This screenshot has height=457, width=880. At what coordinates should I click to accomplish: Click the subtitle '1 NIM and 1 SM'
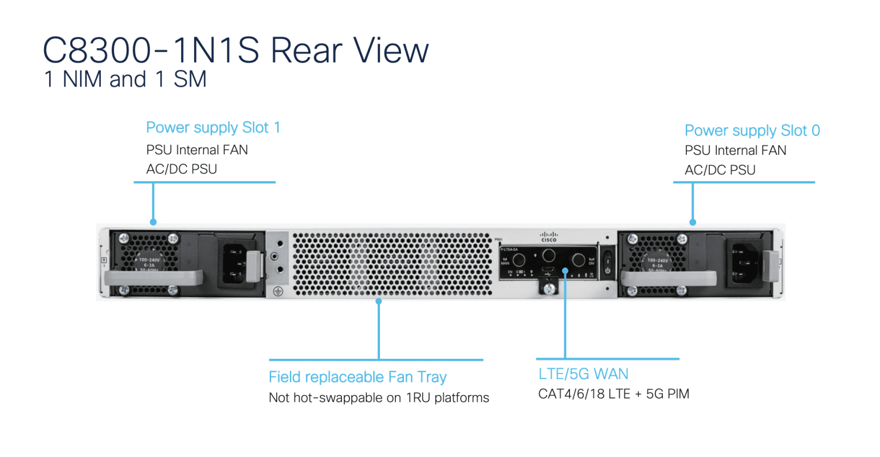click(x=125, y=80)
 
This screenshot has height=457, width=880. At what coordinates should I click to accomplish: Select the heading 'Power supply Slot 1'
click(x=213, y=127)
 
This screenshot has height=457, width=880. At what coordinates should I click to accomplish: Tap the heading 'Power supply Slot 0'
click(x=752, y=131)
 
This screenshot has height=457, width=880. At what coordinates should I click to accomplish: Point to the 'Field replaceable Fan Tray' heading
click(x=357, y=377)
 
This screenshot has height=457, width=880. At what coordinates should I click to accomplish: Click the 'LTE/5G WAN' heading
click(x=583, y=374)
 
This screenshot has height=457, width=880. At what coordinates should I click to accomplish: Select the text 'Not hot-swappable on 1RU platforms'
click(x=379, y=398)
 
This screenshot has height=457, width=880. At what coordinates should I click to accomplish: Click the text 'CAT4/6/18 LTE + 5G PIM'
click(x=614, y=394)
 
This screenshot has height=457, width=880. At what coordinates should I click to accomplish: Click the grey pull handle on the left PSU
click(x=152, y=278)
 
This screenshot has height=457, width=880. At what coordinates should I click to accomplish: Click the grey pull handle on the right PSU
click(x=668, y=279)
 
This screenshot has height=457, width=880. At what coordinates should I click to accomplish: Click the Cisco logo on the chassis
click(x=548, y=236)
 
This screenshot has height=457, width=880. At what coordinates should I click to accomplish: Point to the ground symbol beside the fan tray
click(x=278, y=291)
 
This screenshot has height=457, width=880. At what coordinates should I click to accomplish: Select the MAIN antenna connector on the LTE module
click(x=518, y=260)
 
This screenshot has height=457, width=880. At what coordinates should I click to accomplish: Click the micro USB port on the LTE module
click(x=548, y=269)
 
